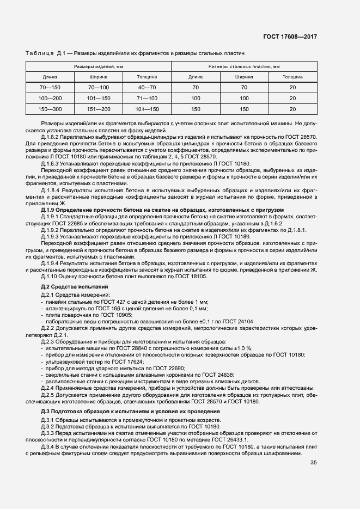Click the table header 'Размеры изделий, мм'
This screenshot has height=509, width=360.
click(99, 66)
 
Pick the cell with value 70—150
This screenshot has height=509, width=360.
click(50, 87)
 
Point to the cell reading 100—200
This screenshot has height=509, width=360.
click(50, 98)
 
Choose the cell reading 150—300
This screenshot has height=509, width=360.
click(50, 109)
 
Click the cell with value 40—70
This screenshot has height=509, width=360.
click(147, 87)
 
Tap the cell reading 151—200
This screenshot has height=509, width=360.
click(99, 109)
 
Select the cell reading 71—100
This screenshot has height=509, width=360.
click(147, 98)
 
